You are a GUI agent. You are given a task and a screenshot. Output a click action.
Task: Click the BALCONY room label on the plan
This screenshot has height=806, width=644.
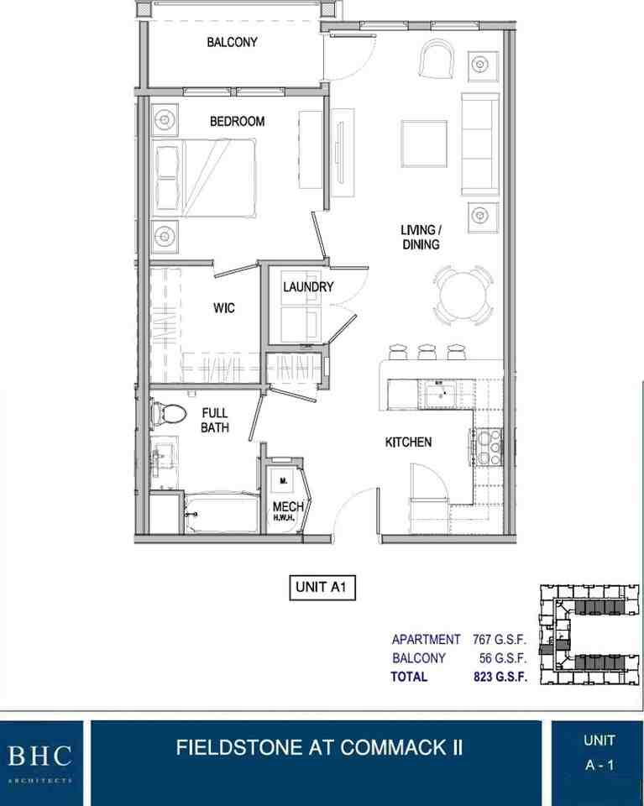point(232,42)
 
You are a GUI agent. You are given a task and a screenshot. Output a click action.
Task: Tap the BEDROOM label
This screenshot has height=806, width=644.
point(237,121)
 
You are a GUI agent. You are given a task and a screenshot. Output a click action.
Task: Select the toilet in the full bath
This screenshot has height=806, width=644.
point(169,413)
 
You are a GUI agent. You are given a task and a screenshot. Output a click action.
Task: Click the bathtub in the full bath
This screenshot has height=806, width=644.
point(222,513)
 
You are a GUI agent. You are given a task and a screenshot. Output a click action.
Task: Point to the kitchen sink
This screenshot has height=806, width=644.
point(441,395)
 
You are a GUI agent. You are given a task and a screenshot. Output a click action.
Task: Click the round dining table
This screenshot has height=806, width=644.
point(463,296)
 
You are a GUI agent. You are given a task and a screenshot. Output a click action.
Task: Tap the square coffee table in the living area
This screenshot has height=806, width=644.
point(423,144)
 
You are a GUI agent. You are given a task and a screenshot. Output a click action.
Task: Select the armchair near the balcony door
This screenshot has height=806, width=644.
point(437,59)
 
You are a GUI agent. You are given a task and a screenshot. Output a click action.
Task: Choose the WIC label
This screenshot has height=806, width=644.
point(224,308)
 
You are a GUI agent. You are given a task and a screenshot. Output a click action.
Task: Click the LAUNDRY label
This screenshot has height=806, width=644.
point(308,287)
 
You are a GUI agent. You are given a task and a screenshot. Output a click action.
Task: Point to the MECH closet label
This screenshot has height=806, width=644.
point(288,507)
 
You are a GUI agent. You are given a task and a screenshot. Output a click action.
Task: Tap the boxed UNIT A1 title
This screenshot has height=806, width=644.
point(322,588)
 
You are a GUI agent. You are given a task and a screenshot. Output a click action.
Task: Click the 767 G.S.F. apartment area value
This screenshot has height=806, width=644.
point(499,640)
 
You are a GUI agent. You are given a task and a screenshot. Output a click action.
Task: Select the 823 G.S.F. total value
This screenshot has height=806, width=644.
point(500,677)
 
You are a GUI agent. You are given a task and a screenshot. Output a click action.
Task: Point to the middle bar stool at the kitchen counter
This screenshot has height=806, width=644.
point(427,352)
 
